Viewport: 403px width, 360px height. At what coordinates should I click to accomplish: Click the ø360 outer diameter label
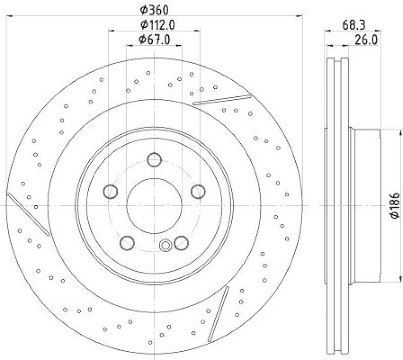pos(154,9)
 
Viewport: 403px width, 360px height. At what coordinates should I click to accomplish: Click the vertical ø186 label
pos(394,205)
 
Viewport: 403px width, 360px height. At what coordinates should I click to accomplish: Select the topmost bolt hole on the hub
pos(154,160)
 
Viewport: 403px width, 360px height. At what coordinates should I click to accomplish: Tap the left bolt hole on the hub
pos(110,191)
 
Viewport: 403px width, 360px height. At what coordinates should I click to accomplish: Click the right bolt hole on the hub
pos(198,191)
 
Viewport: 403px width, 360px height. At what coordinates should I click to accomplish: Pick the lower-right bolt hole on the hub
pos(181,243)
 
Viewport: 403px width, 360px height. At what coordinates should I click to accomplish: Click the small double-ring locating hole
pos(165,245)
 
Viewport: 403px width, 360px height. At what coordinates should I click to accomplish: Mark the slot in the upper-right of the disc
pos(222,99)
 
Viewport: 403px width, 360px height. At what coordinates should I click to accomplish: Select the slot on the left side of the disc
pos(29,214)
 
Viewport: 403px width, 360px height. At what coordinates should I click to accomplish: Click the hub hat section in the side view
pos(367,206)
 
